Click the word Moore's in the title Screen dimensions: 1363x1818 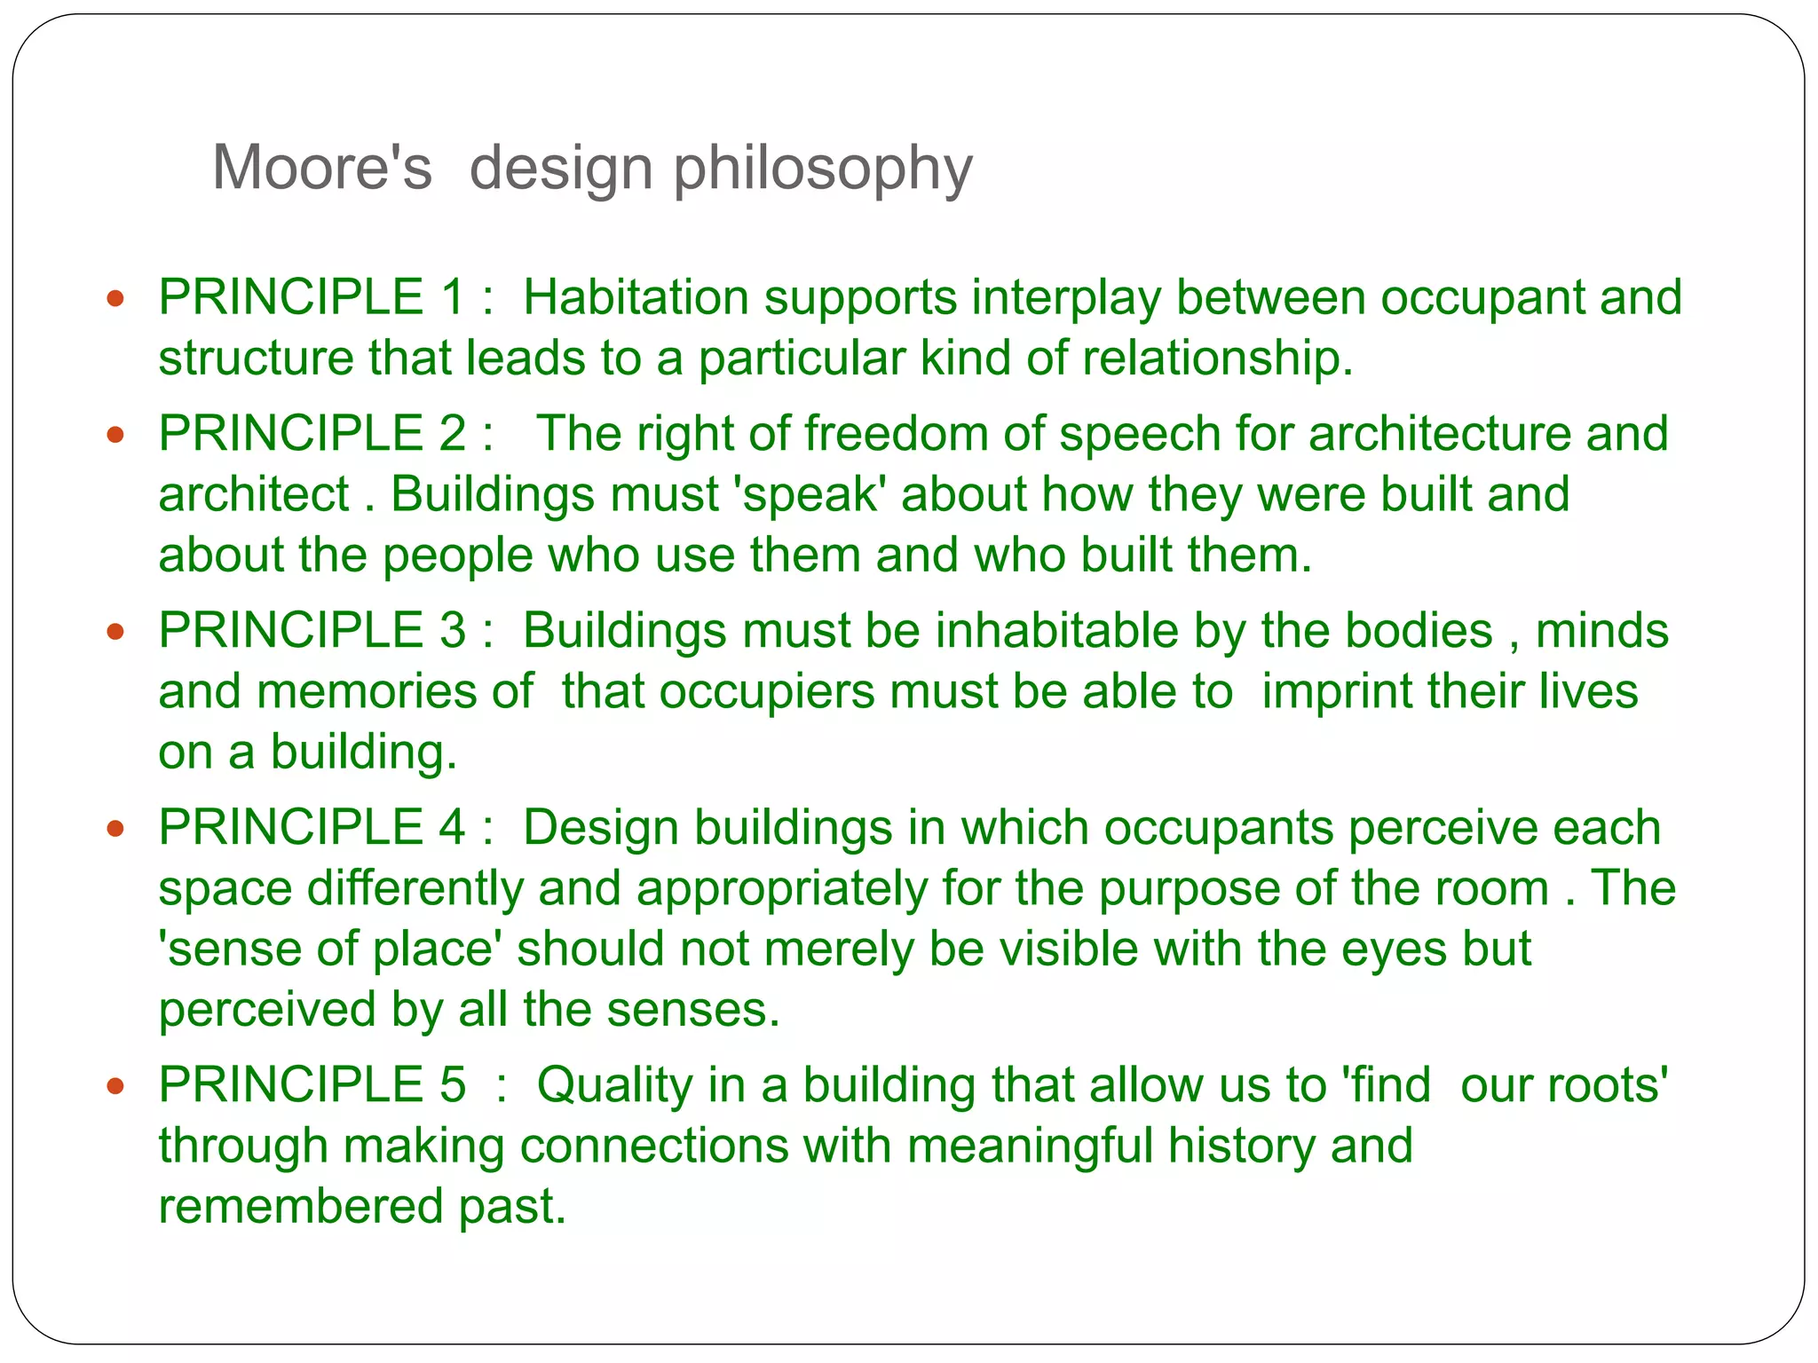tap(321, 168)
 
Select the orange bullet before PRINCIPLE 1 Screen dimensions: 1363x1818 tap(115, 298)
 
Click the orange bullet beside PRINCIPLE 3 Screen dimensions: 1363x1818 tap(115, 632)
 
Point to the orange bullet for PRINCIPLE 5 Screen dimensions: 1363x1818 tap(115, 1086)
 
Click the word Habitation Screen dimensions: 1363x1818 tap(636, 297)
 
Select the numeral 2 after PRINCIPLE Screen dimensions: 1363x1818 tap(452, 433)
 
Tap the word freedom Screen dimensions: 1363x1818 tap(897, 433)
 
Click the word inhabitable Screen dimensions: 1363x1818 tap(1057, 631)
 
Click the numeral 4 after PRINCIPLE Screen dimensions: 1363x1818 tap(452, 828)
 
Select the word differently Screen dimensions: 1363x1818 tap(415, 889)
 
